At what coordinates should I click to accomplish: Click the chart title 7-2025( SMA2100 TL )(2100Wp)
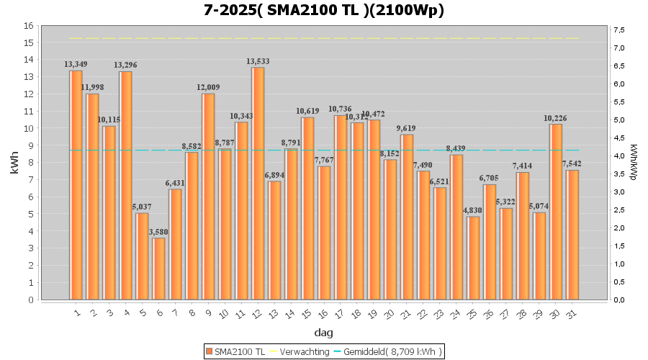click(x=323, y=10)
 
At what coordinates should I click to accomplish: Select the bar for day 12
click(x=258, y=183)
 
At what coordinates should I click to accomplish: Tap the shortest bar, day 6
click(x=158, y=269)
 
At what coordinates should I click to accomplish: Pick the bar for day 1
click(x=76, y=185)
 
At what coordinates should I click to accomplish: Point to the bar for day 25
click(x=473, y=258)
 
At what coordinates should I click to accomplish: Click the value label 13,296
click(x=125, y=65)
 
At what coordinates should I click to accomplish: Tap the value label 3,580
click(x=158, y=231)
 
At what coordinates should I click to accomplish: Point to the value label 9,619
click(x=407, y=128)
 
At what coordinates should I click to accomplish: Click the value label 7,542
click(x=572, y=163)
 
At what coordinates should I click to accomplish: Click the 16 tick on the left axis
click(x=29, y=26)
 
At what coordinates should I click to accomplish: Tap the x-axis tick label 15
click(x=306, y=315)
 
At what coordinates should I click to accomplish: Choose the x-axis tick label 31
click(x=570, y=315)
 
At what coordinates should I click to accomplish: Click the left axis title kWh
click(x=14, y=163)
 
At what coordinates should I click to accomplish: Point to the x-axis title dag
click(x=323, y=333)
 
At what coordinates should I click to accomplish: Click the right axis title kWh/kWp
click(x=634, y=163)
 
